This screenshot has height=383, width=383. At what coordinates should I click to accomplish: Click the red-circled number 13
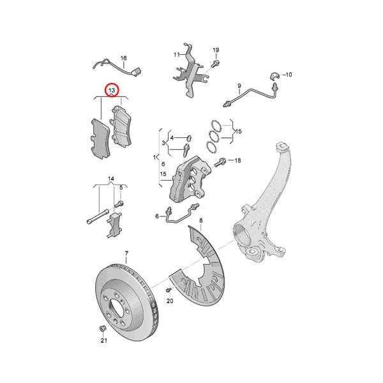pyautogui.click(x=112, y=91)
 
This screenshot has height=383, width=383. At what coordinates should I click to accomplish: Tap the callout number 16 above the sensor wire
pyautogui.click(x=123, y=58)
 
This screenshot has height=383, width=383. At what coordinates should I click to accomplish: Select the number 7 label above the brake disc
pyautogui.click(x=126, y=254)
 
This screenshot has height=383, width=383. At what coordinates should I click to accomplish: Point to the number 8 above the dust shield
pyautogui.click(x=200, y=222)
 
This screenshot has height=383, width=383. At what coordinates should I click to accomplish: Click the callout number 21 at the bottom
pyautogui.click(x=103, y=341)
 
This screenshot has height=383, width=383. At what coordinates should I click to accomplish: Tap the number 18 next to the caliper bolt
pyautogui.click(x=238, y=160)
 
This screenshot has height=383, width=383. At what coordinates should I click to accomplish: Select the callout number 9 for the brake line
pyautogui.click(x=239, y=86)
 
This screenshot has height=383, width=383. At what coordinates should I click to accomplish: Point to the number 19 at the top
pyautogui.click(x=216, y=50)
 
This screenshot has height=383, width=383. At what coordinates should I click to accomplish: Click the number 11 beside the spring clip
pyautogui.click(x=176, y=55)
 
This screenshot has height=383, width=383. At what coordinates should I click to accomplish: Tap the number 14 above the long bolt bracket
pyautogui.click(x=110, y=178)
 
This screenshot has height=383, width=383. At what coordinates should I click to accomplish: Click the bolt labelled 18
pyautogui.click(x=222, y=161)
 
